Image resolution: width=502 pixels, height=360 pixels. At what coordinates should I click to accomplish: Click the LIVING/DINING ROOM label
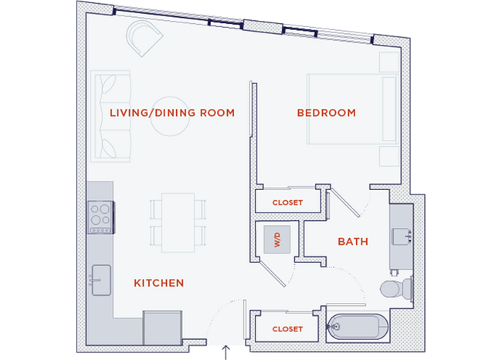(x=171, y=113)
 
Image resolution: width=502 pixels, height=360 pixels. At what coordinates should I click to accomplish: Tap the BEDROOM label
(x=326, y=113)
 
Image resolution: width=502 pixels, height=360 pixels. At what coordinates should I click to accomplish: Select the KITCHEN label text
(x=159, y=283)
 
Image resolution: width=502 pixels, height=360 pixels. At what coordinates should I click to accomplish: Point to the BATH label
(x=353, y=242)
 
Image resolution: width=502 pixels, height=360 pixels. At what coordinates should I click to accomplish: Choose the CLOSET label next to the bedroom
(x=287, y=202)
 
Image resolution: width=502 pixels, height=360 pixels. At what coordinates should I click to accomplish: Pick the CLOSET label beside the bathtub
(x=287, y=329)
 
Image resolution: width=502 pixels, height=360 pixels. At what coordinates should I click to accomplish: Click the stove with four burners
(x=100, y=216)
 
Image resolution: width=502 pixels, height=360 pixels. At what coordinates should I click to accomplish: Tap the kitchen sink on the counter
(x=98, y=275)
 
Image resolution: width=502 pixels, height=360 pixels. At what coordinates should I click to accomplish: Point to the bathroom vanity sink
(x=402, y=233)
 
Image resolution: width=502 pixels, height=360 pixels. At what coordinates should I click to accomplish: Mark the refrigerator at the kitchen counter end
(x=161, y=327)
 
